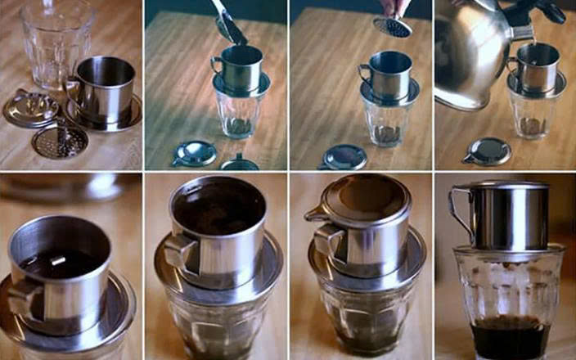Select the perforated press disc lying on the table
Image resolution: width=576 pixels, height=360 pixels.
59,140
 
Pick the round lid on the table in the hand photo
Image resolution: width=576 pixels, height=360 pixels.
344,155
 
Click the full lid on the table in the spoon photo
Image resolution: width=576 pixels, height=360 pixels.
194,153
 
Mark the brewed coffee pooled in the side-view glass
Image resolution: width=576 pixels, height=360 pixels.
508,336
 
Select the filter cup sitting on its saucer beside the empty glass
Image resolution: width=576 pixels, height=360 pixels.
104,86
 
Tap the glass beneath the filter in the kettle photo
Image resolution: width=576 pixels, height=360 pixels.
534,115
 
